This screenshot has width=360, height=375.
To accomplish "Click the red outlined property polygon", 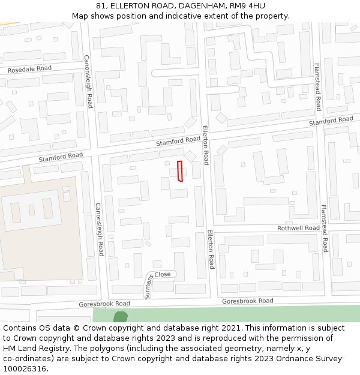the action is [181, 171].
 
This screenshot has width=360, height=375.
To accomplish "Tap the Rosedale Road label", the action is [29, 69].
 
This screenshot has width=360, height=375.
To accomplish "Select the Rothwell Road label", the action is [298, 228].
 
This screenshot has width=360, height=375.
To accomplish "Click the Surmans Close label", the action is [157, 278].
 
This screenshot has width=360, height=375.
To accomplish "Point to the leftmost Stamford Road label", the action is [61, 157].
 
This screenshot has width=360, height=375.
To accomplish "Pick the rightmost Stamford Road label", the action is [331, 121].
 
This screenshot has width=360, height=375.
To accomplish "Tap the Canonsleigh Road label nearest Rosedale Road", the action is [88, 82].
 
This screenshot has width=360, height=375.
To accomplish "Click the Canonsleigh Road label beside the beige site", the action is [99, 229].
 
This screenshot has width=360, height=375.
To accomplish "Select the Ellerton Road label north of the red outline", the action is [205, 145].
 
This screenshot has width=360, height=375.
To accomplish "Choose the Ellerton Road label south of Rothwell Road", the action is [211, 248].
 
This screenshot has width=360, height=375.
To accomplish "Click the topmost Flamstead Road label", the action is [317, 88].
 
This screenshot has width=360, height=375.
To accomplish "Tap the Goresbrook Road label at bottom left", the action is [104, 304].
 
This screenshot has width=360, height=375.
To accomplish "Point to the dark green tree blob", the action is [121, 317].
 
